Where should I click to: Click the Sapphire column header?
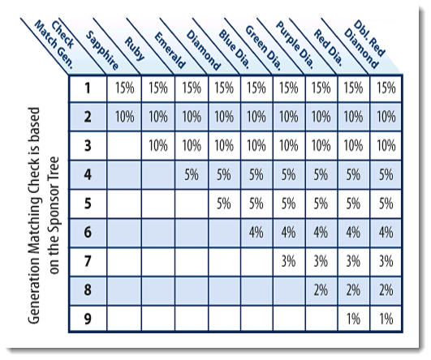coord(102,50)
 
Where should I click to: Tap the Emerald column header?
coord(170,50)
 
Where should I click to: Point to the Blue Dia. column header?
coord(235,49)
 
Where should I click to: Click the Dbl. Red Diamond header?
coord(364,45)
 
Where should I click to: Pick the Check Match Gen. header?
coord(54,45)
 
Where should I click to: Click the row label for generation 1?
coord(88,88)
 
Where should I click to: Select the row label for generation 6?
coord(88,233)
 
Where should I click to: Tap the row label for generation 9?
coord(88,319)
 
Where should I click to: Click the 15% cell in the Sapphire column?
coord(124,88)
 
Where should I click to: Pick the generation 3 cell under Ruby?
coord(158,145)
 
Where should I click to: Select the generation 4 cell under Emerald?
coord(192,174)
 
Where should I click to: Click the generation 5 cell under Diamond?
coord(224,204)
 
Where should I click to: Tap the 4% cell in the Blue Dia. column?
coord(256,233)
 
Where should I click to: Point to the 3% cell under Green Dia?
coord(289,261)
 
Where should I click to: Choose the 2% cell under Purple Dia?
coord(321,290)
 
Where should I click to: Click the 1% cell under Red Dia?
coord(354,319)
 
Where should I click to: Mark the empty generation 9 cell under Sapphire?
coord(124,319)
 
